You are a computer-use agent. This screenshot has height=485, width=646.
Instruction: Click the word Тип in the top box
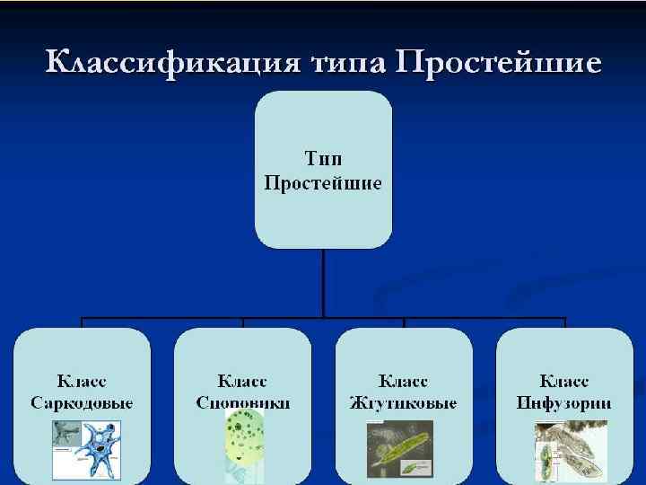[323, 159]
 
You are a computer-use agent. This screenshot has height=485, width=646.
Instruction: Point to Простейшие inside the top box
[323, 183]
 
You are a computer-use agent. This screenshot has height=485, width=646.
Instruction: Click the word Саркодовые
[82, 403]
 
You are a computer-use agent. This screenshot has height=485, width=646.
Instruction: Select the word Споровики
[243, 403]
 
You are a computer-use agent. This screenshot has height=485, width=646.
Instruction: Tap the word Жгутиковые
[404, 403]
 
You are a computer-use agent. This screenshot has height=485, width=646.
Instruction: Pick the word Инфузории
[564, 403]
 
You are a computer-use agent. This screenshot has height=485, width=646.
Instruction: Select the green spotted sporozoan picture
[243, 445]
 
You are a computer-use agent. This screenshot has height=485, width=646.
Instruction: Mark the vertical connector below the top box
[323, 283]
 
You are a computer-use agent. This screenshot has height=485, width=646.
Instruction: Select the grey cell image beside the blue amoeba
[66, 435]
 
